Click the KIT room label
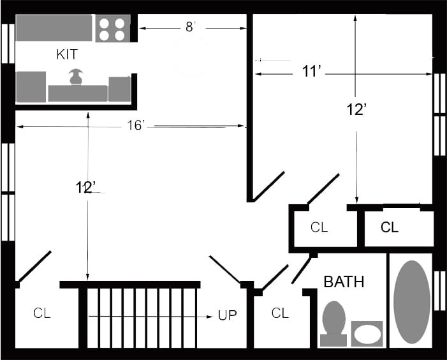point(67,54)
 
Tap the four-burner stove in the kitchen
point(113,28)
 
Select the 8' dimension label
point(190,27)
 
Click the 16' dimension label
point(136,126)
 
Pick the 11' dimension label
point(312,71)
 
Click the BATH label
point(344,282)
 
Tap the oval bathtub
point(412,302)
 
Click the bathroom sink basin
point(367,334)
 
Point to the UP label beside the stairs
point(227,315)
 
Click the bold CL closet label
point(390,227)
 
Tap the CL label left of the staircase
point(42,313)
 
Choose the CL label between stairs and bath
point(280,313)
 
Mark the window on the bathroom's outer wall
point(439,290)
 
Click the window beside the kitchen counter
point(8,43)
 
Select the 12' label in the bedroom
point(356,110)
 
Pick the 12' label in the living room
point(85,188)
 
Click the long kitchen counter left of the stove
point(54,28)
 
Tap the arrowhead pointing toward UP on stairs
point(210,317)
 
